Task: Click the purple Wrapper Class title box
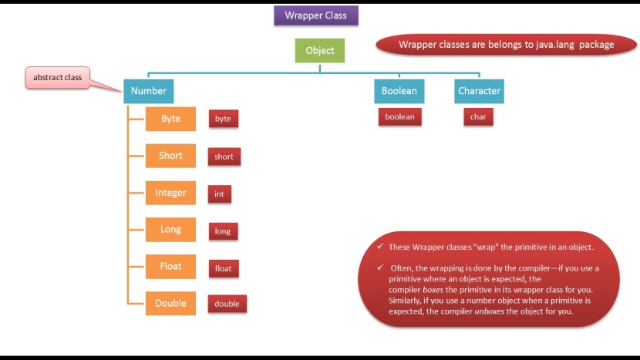(x=316, y=15)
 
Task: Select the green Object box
(x=320, y=51)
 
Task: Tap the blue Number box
(x=149, y=91)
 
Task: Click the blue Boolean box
(x=399, y=91)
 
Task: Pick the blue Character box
(x=479, y=91)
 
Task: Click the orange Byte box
(x=170, y=119)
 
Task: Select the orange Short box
(x=170, y=156)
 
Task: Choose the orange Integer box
(x=170, y=193)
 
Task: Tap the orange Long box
(x=170, y=230)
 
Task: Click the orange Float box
(x=170, y=267)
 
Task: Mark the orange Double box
(x=170, y=304)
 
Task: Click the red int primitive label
(x=220, y=194)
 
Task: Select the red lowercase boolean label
(x=400, y=117)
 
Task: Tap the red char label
(x=478, y=118)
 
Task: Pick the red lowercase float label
(x=223, y=269)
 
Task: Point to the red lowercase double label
(x=227, y=304)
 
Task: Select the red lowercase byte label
(x=223, y=119)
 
